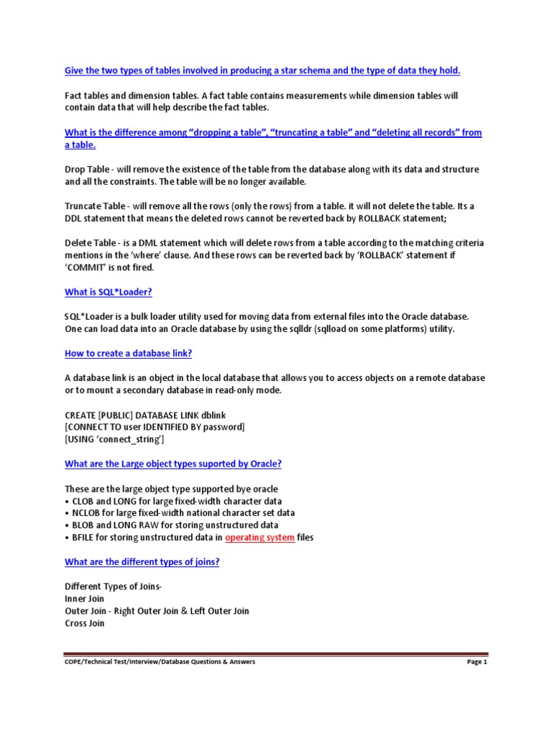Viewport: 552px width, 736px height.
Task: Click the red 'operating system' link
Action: (x=259, y=537)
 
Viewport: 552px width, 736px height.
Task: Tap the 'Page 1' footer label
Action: (x=477, y=662)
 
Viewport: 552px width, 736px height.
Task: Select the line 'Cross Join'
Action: (x=84, y=623)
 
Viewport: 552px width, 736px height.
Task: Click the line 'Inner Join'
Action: (x=84, y=599)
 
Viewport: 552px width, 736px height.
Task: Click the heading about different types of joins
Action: (x=142, y=561)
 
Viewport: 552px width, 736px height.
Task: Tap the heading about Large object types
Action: (x=172, y=464)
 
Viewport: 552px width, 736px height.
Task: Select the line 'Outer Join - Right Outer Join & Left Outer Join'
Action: (x=157, y=611)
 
